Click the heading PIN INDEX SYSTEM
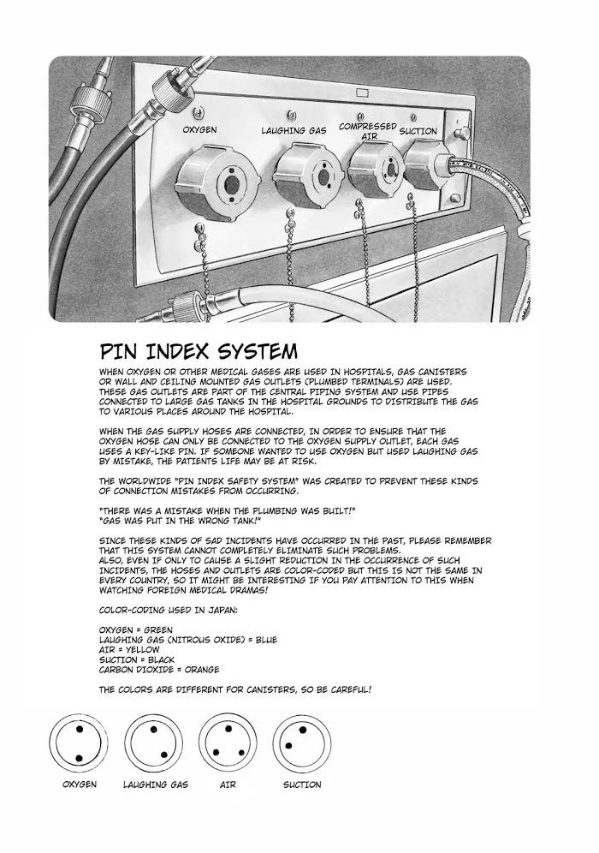(x=199, y=351)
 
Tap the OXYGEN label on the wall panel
(x=199, y=130)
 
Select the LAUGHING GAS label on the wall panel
(x=294, y=131)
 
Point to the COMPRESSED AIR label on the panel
(x=367, y=131)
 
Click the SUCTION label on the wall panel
(x=418, y=132)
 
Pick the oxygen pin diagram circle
(x=78, y=744)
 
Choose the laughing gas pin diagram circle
(x=154, y=744)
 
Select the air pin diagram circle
(x=228, y=744)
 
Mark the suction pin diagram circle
(x=302, y=744)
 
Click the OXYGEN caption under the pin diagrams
(x=78, y=784)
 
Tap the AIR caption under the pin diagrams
(x=228, y=784)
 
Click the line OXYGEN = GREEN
(x=136, y=629)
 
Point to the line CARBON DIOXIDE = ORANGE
(x=159, y=669)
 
